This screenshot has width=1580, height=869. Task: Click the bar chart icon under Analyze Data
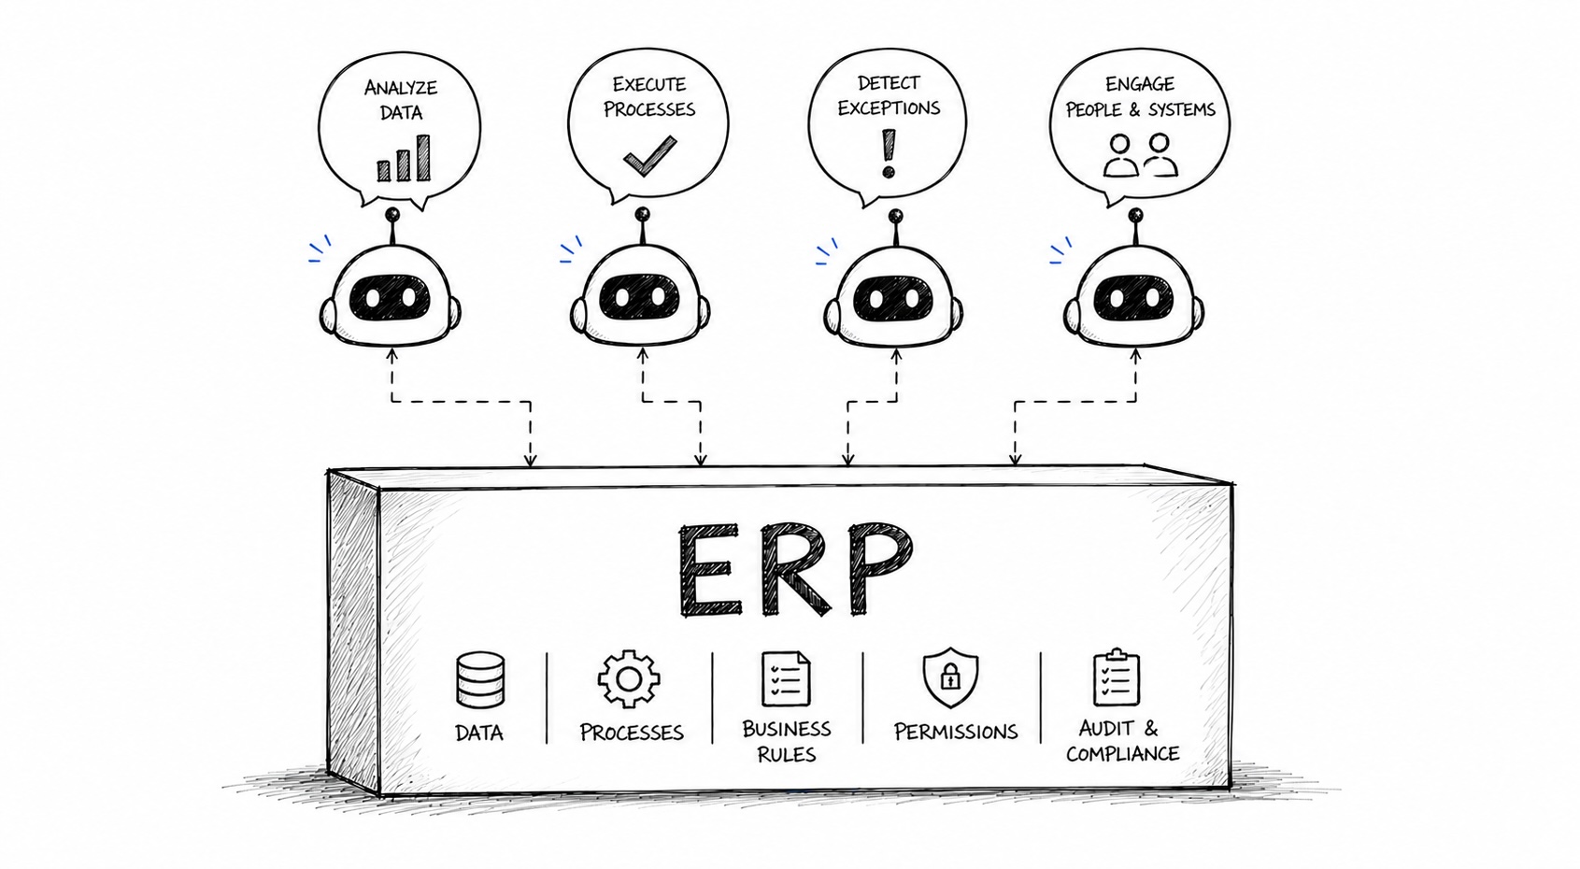pyautogui.click(x=404, y=159)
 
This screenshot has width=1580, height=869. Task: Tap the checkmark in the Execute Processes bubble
pyautogui.click(x=649, y=156)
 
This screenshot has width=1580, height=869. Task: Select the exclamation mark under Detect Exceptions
pyautogui.click(x=889, y=153)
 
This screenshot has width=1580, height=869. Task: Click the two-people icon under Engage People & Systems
pyautogui.click(x=1140, y=156)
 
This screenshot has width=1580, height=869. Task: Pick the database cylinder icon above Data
pyautogui.click(x=480, y=680)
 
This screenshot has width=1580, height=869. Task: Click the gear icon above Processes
pyautogui.click(x=629, y=679)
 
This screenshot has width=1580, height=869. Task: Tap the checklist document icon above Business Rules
pyautogui.click(x=786, y=679)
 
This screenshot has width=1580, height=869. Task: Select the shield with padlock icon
pyautogui.click(x=950, y=677)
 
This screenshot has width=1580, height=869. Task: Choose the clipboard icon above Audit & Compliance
pyautogui.click(x=1117, y=677)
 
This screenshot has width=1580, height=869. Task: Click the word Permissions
pyautogui.click(x=955, y=732)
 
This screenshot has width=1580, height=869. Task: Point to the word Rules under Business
pyautogui.click(x=786, y=754)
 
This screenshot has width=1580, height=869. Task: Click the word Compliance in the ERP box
pyautogui.click(x=1122, y=754)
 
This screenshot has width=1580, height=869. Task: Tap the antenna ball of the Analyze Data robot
pyautogui.click(x=392, y=215)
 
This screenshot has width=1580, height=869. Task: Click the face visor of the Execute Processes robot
pyautogui.click(x=640, y=297)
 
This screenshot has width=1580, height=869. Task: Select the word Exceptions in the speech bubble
pyautogui.click(x=889, y=108)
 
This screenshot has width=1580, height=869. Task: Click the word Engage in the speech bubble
pyautogui.click(x=1139, y=84)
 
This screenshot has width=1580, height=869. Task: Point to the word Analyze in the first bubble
pyautogui.click(x=401, y=88)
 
